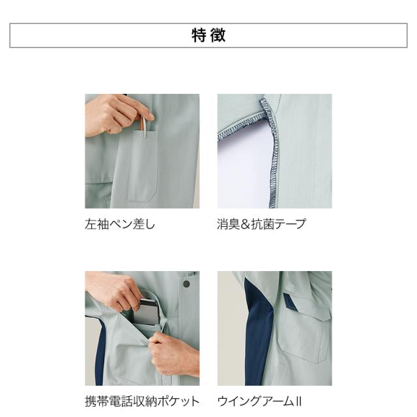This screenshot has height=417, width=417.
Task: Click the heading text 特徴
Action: (x=208, y=35)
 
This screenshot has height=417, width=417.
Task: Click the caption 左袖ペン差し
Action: (x=120, y=224)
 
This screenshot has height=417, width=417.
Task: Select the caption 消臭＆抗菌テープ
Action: (x=261, y=224)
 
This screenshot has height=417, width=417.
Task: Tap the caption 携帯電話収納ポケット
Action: (x=142, y=401)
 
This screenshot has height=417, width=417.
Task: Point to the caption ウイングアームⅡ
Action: (x=259, y=401)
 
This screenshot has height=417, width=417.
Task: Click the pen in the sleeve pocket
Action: (x=144, y=126)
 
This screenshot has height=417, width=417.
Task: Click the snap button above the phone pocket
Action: (x=186, y=284)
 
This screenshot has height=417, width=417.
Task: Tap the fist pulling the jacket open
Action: (x=173, y=354)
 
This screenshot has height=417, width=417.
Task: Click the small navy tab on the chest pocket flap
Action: (x=290, y=301)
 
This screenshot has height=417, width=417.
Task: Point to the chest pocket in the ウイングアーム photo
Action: (x=303, y=335)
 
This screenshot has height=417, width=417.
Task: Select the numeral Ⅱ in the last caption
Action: (x=298, y=401)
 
